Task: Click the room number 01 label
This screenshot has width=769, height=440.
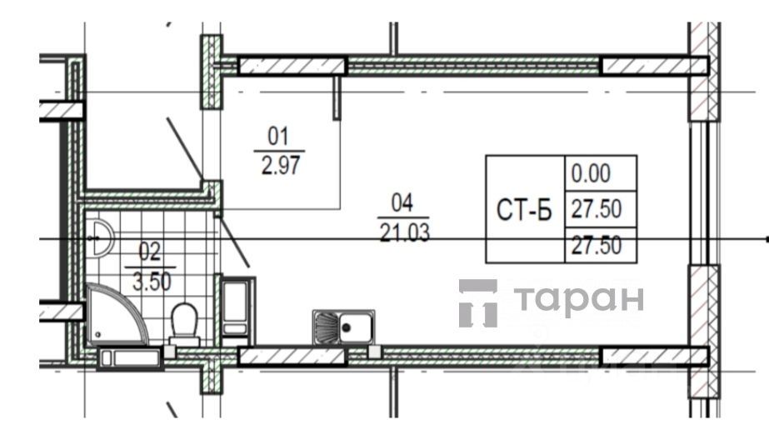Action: click(278, 137)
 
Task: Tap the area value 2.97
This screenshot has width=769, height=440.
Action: click(281, 165)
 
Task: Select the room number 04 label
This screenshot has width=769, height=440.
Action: click(402, 203)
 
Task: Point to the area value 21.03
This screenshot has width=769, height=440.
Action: click(405, 232)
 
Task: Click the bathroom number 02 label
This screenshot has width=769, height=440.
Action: click(149, 252)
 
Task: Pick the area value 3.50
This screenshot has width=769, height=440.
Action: click(152, 282)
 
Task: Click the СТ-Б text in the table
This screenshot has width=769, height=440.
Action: click(524, 210)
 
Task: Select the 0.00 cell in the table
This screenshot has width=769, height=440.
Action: click(591, 173)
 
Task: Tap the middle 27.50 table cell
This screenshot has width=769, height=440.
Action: click(597, 209)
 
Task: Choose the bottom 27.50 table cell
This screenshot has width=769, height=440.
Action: click(597, 245)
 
